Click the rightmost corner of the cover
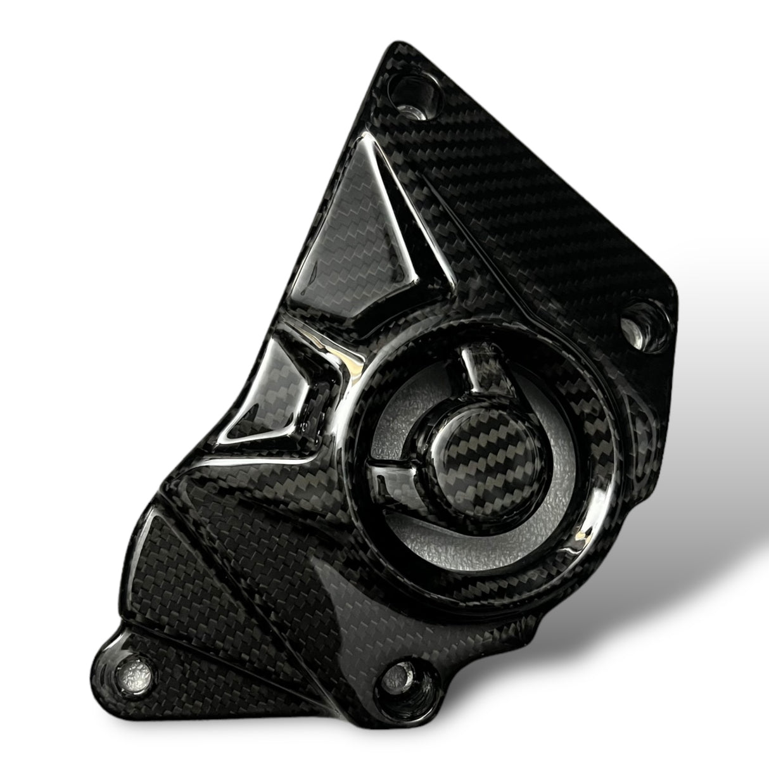(678, 298)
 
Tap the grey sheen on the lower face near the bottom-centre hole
(355, 608)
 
